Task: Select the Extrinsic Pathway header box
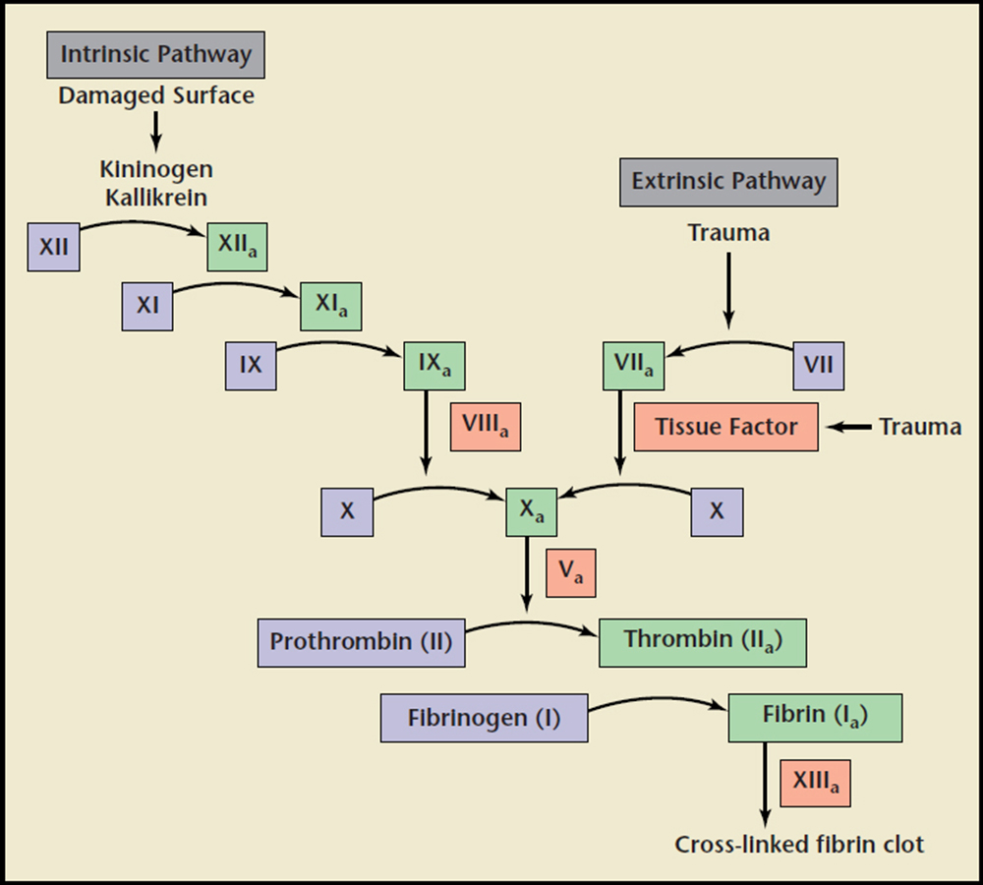tap(728, 182)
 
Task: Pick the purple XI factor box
tap(147, 305)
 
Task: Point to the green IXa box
tap(434, 366)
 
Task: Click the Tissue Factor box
tap(725, 427)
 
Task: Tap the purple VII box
tap(818, 366)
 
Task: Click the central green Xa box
tap(531, 511)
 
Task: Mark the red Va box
tap(571, 574)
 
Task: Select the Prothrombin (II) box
tap(361, 643)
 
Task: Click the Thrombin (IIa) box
tap(702, 643)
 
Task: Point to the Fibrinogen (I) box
tap(484, 717)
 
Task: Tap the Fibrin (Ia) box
tap(815, 716)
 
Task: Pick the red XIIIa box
tap(815, 783)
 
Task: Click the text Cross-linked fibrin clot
tap(799, 844)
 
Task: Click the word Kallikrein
tap(157, 197)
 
